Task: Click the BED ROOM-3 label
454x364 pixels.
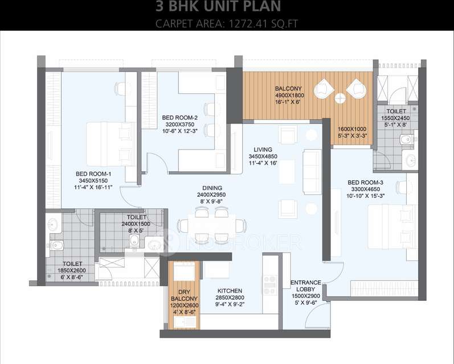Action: pos(365,183)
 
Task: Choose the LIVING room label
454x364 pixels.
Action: pos(263,150)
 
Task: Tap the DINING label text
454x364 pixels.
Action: pos(211,188)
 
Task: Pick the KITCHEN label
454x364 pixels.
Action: pos(230,291)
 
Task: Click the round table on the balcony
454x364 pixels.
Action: pos(340,98)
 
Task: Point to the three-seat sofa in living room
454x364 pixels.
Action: pos(312,166)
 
